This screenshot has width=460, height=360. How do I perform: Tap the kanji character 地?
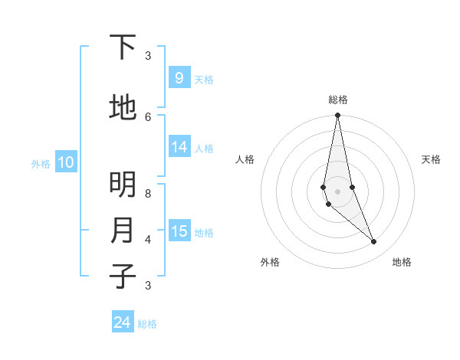pos(123,108)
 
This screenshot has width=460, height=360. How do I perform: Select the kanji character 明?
pos(123,185)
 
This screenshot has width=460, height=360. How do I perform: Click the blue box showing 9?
pos(179,78)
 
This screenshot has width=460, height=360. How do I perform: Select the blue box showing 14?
pos(179,148)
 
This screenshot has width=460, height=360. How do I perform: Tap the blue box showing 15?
pos(179,232)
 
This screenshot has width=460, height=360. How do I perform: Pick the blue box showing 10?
pos(66,162)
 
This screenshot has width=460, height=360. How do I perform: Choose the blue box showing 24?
pos(123,322)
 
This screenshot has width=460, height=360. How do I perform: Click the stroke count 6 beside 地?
pos(148,116)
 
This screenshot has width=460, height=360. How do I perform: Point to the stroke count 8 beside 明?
pos(148,194)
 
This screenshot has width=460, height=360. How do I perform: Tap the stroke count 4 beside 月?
pos(148,239)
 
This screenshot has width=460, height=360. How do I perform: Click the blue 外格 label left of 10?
pos(41,163)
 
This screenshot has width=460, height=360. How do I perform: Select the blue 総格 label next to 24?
pos(147,324)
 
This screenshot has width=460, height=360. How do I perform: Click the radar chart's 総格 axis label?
pos(338,100)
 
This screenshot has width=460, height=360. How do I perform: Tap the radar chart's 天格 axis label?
pos(432,159)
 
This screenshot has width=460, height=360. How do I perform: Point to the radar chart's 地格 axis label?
pos(402,262)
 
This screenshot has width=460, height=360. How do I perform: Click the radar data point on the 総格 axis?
pos(337,116)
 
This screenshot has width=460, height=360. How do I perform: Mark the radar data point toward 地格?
pos(374,242)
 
